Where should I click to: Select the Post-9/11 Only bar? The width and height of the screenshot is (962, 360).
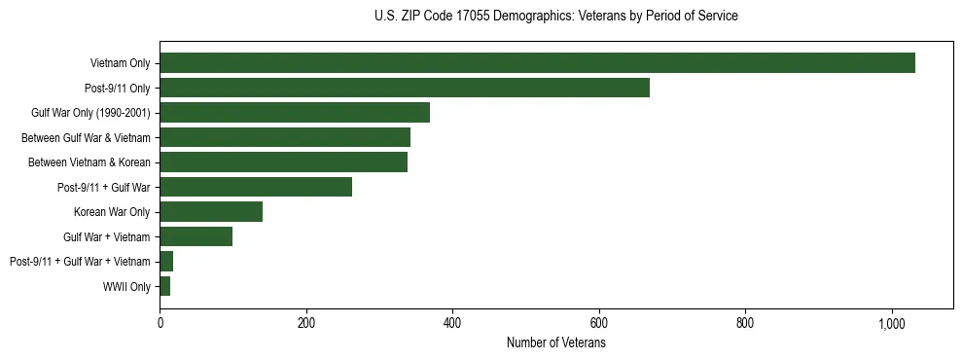pos(405,88)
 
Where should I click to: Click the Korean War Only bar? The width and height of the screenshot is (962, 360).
pos(211,212)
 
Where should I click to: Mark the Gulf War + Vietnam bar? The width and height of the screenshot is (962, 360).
pos(196,236)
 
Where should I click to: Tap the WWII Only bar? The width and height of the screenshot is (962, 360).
pos(165,286)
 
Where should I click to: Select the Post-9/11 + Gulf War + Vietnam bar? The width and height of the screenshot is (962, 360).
pos(166,262)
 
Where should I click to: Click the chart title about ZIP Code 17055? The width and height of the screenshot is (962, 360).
pos(555,17)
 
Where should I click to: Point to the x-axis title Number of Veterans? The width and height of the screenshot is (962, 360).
pos(556,342)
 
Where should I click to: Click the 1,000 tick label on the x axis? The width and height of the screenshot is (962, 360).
pos(892,323)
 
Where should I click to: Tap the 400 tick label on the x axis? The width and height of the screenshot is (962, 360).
pos(452,323)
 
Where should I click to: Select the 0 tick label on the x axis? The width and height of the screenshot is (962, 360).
pos(160,323)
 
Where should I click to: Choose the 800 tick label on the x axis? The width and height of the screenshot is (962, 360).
pos(745,323)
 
